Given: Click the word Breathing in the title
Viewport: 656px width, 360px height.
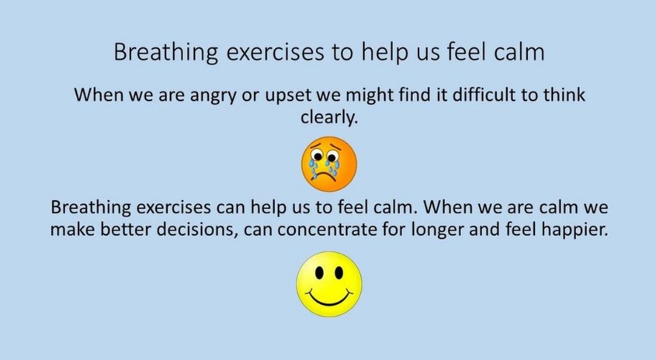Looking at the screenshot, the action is tap(165, 53).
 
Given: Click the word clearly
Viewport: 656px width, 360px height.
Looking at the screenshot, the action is tap(329, 117).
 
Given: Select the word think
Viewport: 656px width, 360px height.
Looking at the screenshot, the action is tap(564, 95).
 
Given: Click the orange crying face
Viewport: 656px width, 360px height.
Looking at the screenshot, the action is tap(329, 164).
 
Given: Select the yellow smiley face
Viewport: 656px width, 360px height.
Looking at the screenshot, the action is tap(329, 284).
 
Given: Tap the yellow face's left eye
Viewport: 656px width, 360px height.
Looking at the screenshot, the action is tap(320, 273).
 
